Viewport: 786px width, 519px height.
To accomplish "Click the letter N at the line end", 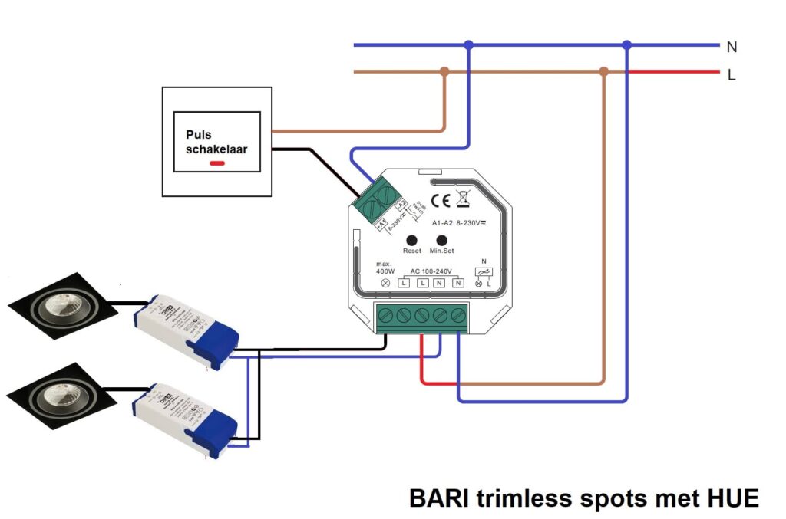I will (x=732, y=47).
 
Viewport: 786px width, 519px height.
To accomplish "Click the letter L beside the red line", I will (x=732, y=75).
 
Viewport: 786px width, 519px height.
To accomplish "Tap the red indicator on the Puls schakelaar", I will (x=217, y=164).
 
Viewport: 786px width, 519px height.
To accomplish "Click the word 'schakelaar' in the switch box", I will (x=216, y=149).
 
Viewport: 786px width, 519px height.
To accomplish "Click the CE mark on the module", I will (x=441, y=201).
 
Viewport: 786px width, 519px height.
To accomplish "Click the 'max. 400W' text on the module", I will (x=385, y=268).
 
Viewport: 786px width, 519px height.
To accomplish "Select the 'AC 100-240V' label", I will (x=432, y=272).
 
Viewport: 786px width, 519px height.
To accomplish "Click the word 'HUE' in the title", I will (x=731, y=498).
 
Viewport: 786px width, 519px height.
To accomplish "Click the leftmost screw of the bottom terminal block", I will (x=387, y=314).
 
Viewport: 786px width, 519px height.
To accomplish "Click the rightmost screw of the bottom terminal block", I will (x=458, y=314).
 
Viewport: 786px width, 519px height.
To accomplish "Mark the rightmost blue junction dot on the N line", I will (x=626, y=45).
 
